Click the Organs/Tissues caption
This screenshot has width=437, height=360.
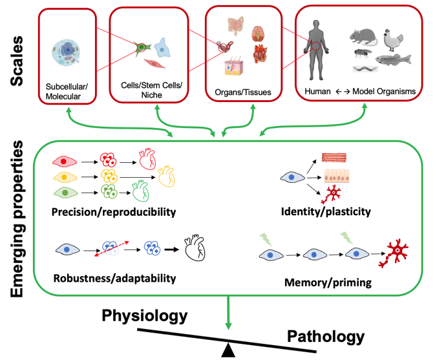tap(242, 92)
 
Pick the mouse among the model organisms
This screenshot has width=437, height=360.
tap(361, 37)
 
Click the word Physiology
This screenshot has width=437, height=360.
tap(145, 315)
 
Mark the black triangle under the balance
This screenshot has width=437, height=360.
tap(228, 350)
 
